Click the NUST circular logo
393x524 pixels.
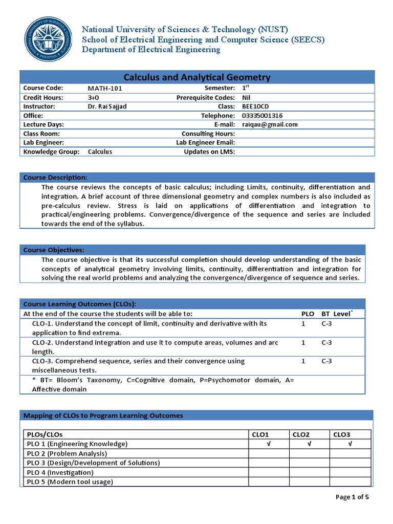pyautogui.click(x=49, y=39)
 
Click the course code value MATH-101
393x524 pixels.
pyautogui.click(x=105, y=88)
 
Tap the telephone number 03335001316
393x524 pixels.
pyautogui.click(x=262, y=116)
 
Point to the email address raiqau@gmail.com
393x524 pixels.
pyautogui.click(x=270, y=124)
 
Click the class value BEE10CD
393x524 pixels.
pyautogui.click(x=255, y=106)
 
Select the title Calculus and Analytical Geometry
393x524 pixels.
pyautogui.click(x=197, y=77)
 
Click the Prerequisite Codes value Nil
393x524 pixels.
pyautogui.click(x=246, y=97)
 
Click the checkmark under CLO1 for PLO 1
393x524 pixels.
pyautogui.click(x=268, y=444)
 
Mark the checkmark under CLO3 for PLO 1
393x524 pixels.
pyautogui.click(x=350, y=444)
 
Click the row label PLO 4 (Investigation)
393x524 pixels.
pyautogui.click(x=60, y=472)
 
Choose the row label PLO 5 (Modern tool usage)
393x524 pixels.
pyautogui.click(x=70, y=482)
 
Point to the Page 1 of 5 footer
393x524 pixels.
pyautogui.click(x=352, y=497)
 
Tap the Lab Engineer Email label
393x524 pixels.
pyautogui.click(x=205, y=143)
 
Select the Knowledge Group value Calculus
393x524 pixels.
pyautogui.click(x=100, y=151)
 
